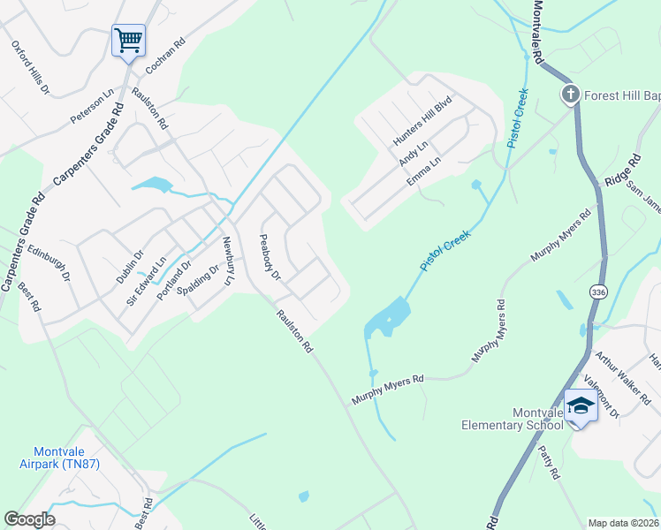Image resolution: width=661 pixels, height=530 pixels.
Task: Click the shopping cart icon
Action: point(128,40)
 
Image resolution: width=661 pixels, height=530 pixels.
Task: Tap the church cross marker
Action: point(571,94)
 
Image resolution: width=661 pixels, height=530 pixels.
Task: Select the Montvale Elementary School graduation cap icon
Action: point(581,405)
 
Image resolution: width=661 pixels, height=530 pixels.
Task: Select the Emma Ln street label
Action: point(423,170)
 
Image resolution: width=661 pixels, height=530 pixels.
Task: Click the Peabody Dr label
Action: point(269,258)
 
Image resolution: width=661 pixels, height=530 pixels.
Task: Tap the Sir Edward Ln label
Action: point(146,280)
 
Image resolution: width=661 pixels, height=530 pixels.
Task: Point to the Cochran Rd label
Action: point(165,55)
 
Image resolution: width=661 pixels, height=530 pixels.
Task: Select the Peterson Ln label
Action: point(93,105)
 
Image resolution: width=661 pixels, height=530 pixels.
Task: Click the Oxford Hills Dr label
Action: point(30,67)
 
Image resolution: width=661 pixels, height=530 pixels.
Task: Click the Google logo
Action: point(29,519)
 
